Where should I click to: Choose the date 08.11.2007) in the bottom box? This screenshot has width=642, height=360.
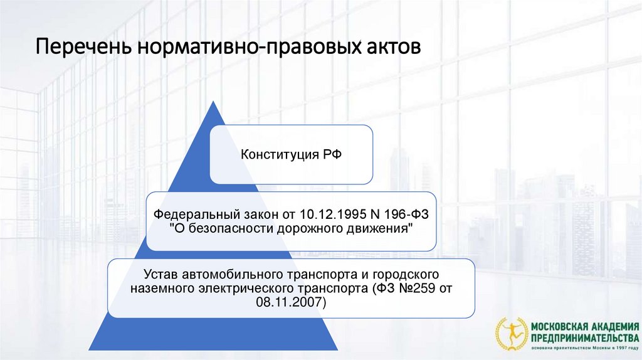point(291,302)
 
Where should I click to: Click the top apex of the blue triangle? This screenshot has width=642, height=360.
point(213,102)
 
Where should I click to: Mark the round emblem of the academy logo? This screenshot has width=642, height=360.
point(512,334)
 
